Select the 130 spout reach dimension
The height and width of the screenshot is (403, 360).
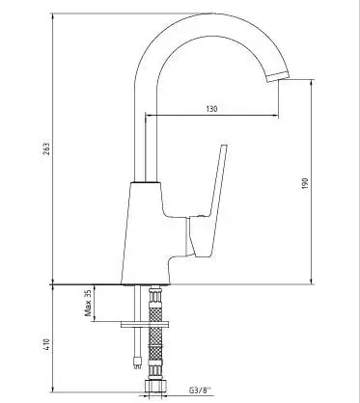[x=210, y=108]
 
